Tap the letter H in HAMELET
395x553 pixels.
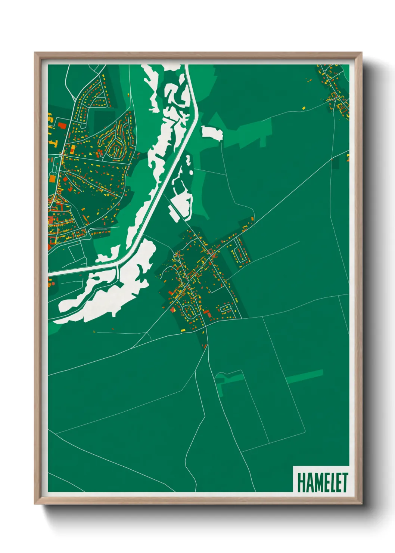[301, 482]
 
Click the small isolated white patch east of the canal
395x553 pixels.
[212, 133]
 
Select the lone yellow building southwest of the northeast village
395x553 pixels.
[304, 108]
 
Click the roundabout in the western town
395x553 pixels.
[60, 155]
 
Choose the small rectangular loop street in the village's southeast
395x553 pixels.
[226, 308]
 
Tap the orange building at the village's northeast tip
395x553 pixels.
[252, 219]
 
